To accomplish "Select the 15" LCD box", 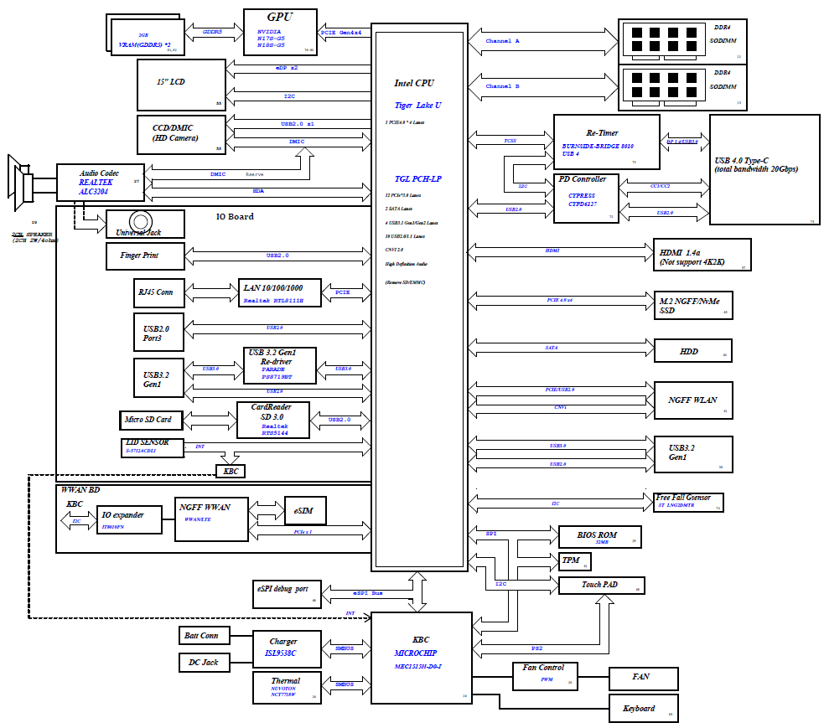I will [181, 85].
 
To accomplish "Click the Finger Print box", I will [145, 256].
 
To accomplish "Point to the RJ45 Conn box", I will [156, 293].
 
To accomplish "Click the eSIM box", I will [304, 510].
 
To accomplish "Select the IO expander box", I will [131, 520].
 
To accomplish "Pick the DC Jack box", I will [203, 663].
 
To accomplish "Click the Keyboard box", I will [643, 709].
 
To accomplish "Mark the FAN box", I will [643, 677].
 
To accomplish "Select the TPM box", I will [570, 560].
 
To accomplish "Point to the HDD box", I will [692, 351].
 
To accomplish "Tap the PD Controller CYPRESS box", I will [586, 198].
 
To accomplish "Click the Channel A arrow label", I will [504, 40].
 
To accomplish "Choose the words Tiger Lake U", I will [418, 106].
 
